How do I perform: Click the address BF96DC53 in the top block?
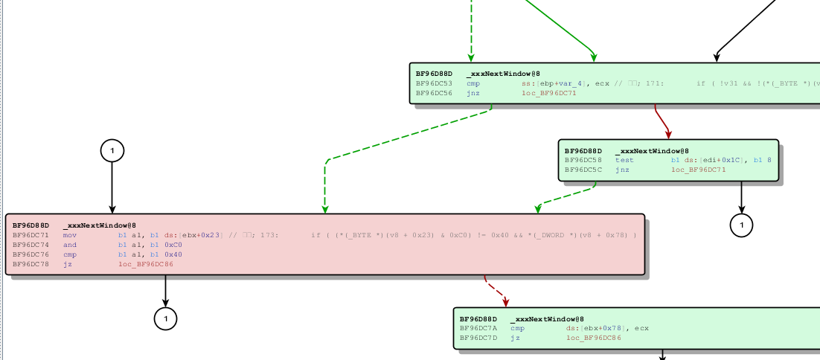tap(433, 83)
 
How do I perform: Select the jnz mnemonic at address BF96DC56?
tap(473, 93)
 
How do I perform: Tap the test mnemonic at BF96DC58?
tap(624, 160)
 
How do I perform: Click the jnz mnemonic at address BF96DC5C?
tap(622, 170)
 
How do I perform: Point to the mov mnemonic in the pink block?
tap(70, 235)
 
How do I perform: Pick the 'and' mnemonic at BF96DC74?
tap(70, 245)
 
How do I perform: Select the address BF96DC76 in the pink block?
tap(31, 254)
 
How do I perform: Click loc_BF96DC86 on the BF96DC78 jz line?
tap(145, 264)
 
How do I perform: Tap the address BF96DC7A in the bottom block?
tap(478, 328)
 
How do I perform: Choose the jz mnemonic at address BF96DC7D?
tap(515, 338)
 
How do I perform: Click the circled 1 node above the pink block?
tap(112, 151)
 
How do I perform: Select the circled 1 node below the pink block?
tap(165, 318)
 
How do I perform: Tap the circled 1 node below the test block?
tap(741, 224)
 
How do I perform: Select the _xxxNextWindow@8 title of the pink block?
tap(99, 225)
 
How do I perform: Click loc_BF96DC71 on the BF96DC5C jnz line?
tap(698, 170)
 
